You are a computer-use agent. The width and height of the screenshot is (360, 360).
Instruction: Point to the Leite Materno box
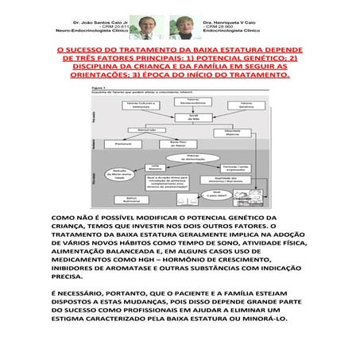point(157,168)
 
